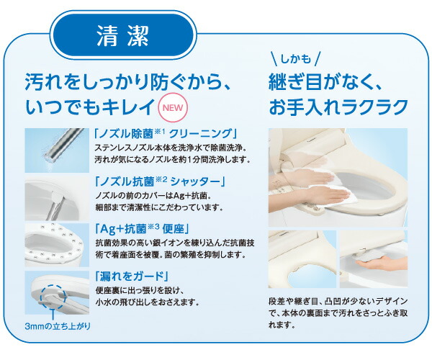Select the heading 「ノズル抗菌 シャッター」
tap(161, 180)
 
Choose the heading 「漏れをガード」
tap(131, 276)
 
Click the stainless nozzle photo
tap(55, 150)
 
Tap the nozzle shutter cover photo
tap(55, 198)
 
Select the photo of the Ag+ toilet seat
tap(55, 245)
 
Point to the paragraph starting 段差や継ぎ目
tap(336, 312)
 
